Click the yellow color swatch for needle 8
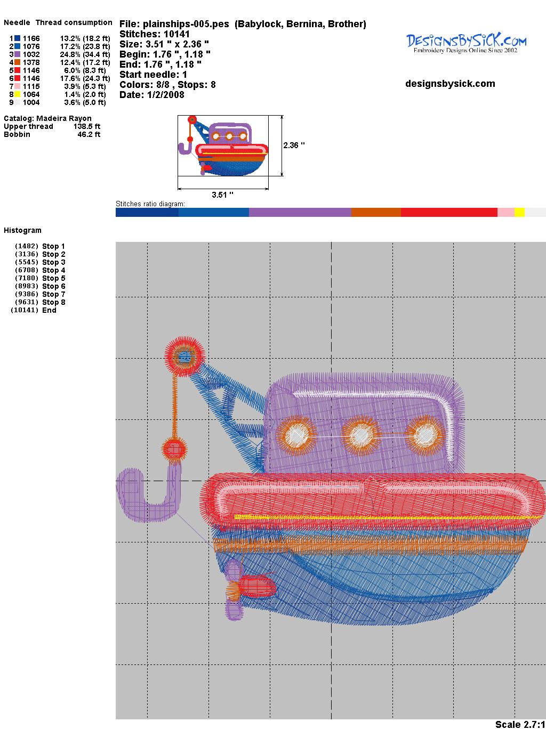pos(17,94)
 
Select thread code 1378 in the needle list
pos(31,62)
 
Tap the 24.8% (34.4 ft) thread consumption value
pos(85,54)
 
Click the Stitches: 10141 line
pos(155,34)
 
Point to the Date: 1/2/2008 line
pos(152,95)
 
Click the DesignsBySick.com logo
pos(466,43)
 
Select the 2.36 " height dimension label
pos(294,145)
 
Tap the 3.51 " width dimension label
pos(222,194)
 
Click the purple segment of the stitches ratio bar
pos(300,212)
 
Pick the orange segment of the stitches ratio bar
pos(376,212)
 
